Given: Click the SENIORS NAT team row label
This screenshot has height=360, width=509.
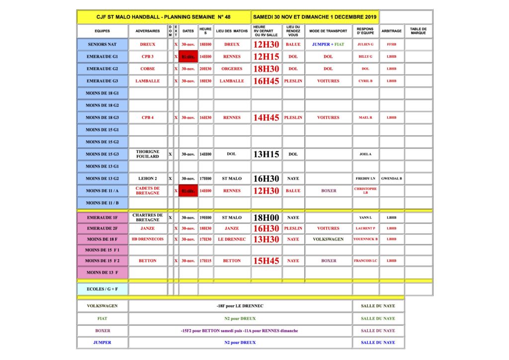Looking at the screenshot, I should (x=102, y=44).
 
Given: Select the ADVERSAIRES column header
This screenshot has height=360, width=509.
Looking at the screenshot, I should (x=148, y=31).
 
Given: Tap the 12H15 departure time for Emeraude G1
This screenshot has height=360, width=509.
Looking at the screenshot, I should (x=266, y=57).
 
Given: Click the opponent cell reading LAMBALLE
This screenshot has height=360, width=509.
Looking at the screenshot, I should (x=148, y=81).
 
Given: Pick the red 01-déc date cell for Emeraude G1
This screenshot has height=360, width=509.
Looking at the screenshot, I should (x=188, y=57).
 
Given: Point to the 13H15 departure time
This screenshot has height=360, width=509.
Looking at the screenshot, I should (x=266, y=154).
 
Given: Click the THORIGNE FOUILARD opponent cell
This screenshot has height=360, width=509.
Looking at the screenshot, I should (x=148, y=154).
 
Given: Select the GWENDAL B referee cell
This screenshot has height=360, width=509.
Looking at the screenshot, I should (x=392, y=179).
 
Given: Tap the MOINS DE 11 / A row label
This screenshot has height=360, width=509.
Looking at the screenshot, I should (x=102, y=190).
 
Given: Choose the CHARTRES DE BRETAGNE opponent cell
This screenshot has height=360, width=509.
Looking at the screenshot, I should (x=148, y=217).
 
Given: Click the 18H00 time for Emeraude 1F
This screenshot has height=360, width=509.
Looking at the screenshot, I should (x=266, y=217).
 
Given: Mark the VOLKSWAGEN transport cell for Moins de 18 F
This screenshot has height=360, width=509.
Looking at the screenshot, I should (x=328, y=239).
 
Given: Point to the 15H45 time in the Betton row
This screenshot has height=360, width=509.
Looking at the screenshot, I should (x=266, y=261).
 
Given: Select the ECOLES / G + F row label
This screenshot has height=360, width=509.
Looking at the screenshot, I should (x=102, y=289).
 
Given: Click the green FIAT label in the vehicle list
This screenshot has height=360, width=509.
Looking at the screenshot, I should (x=102, y=318).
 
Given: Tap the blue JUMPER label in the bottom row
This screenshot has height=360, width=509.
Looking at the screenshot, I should (x=102, y=343).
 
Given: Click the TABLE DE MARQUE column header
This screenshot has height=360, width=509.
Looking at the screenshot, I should (x=418, y=31).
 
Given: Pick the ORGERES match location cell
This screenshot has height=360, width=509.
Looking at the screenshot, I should (x=232, y=69).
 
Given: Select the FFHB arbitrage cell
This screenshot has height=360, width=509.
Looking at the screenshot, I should (x=392, y=44).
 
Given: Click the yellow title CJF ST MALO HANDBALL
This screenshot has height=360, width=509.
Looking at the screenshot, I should (x=164, y=17).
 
